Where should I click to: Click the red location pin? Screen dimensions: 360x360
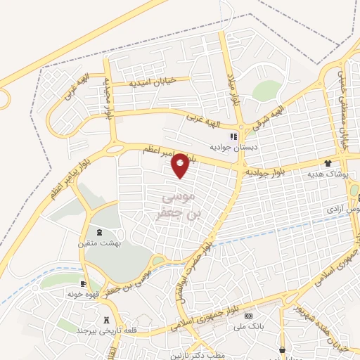181,165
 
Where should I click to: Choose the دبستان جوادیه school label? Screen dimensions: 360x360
231,148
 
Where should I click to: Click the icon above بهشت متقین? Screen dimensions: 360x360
99,231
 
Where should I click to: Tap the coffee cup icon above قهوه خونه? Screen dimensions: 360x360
84,283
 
